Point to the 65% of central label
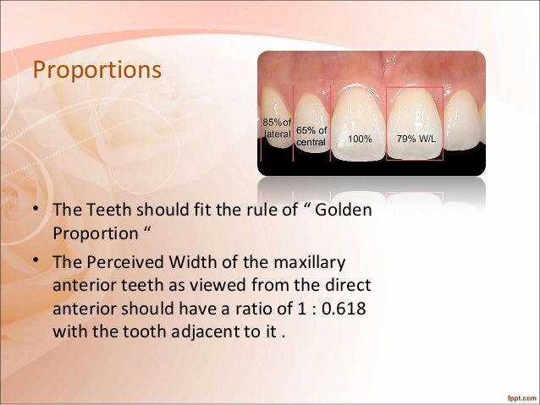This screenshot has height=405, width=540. [x=310, y=136]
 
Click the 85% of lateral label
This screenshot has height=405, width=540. [x=276, y=127]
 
